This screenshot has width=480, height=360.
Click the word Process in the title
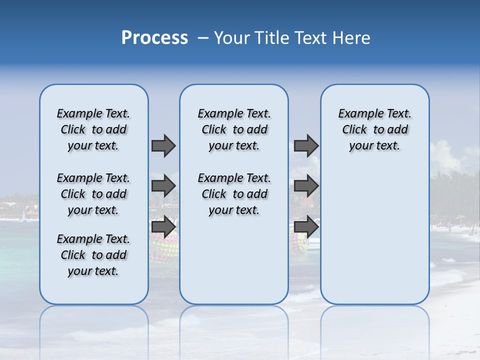[154, 37]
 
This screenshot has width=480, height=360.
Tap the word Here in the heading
[352, 37]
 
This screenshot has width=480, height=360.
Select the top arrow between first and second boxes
[163, 145]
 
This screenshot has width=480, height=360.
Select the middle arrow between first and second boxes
[163, 186]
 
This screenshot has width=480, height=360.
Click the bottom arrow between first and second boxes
[163, 227]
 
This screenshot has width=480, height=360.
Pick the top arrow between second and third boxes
[306, 145]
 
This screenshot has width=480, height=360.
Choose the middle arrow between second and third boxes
[306, 186]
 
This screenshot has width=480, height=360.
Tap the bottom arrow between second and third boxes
[306, 227]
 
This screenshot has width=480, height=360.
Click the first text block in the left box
[93, 129]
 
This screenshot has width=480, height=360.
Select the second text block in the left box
[93, 194]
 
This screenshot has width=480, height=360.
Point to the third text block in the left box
[93, 255]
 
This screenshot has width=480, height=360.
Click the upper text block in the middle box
[234, 129]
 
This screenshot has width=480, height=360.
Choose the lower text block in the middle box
[234, 194]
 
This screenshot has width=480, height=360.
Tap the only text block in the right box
[374, 129]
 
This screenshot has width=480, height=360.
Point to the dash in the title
[203, 37]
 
